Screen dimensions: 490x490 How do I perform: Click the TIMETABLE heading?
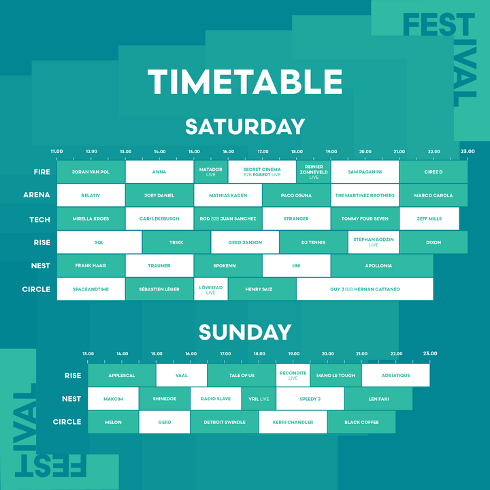click(x=245, y=82)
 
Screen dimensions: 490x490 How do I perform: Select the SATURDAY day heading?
click(x=245, y=127)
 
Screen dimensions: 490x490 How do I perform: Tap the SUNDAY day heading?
click(x=245, y=332)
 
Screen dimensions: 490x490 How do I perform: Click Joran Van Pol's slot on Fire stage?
click(x=91, y=172)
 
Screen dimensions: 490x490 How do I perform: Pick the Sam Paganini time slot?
click(x=365, y=172)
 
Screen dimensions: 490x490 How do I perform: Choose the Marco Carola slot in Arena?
click(x=433, y=195)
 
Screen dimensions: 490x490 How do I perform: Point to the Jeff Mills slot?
click(x=429, y=219)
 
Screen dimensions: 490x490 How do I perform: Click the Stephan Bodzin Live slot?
click(x=373, y=242)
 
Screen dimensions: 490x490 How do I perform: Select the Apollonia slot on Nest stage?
click(x=381, y=265)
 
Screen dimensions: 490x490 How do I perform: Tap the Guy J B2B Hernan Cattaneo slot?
click(x=365, y=289)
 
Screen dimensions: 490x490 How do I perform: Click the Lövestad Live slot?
click(x=210, y=289)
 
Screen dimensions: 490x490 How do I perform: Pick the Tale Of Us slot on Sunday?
click(x=242, y=376)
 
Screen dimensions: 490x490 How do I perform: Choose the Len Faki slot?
click(x=378, y=399)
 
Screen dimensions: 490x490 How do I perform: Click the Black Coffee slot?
click(x=361, y=422)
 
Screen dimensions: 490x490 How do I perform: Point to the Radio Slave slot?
click(x=215, y=399)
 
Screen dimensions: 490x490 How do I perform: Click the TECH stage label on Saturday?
click(x=39, y=219)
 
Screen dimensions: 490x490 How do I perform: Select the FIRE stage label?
click(x=42, y=172)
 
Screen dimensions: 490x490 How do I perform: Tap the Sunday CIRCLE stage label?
click(x=67, y=422)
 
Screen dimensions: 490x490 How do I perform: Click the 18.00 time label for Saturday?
click(x=297, y=151)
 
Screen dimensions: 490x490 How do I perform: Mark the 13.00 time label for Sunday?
click(x=88, y=354)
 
